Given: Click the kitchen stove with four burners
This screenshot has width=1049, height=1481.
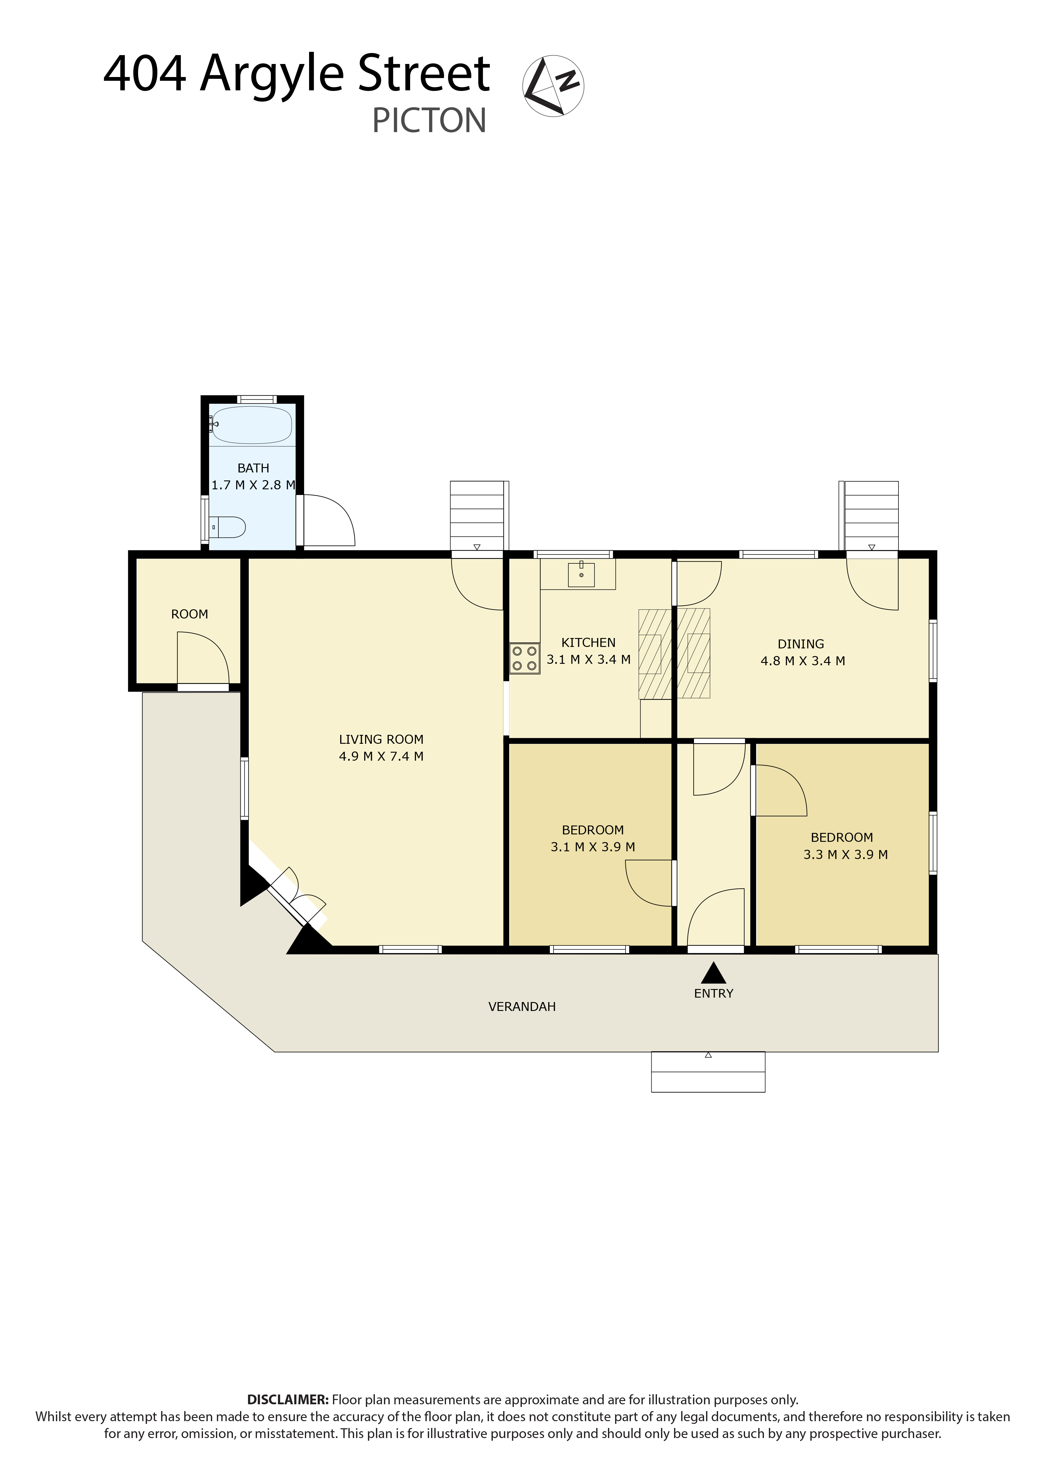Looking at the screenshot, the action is pos(524,658).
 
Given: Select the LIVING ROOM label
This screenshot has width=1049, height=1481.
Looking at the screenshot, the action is pos(381,739).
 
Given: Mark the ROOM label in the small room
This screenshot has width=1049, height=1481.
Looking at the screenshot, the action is pos(189,614).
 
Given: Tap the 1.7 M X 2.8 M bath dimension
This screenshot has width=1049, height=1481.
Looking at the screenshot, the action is pos(253,485).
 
